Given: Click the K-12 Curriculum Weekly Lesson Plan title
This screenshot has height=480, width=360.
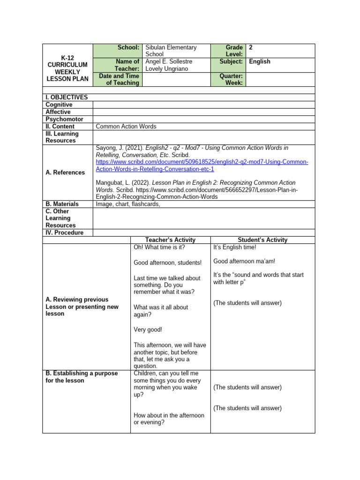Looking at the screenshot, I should [67, 68].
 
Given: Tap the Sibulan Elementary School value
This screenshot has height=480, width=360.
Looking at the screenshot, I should [171, 51].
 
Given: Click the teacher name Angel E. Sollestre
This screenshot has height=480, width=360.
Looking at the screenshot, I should [169, 61].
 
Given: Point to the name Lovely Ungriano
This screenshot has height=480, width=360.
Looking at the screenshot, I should [166, 69].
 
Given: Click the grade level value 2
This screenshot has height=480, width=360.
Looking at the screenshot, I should [251, 47].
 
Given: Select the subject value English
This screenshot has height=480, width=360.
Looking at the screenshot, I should [260, 61].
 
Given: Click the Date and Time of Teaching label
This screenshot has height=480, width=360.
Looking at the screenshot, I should [119, 79].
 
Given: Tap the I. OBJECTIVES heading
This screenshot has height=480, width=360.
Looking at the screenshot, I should [67, 97].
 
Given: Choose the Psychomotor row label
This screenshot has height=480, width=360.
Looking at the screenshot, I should [64, 119].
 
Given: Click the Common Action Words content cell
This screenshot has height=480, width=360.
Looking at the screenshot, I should [126, 127].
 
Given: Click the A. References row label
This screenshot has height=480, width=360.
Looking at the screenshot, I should [65, 172].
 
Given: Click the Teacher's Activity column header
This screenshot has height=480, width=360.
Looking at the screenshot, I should [171, 240].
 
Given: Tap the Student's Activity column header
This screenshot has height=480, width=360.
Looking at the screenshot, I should [263, 240].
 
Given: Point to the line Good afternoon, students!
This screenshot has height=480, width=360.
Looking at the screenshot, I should [161, 262].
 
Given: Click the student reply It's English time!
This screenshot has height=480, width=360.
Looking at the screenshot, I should [235, 247].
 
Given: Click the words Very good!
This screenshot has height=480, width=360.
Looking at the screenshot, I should [148, 330].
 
